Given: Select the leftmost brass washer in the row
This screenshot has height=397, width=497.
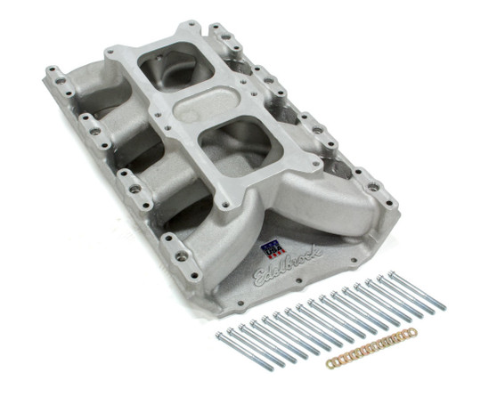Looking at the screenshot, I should [330, 364].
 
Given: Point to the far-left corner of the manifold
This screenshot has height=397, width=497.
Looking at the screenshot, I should [45, 80].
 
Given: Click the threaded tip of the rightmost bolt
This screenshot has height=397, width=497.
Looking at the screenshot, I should [442, 309].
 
